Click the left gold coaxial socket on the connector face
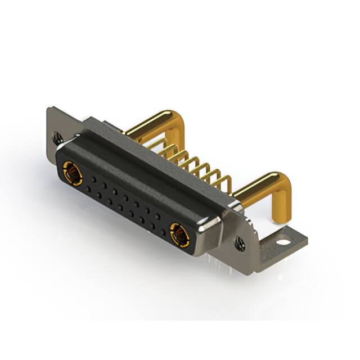point(73,173)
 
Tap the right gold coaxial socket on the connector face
point(179,234)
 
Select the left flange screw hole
point(57,137)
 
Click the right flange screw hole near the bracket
point(240,244)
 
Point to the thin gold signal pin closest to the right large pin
point(225,181)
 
